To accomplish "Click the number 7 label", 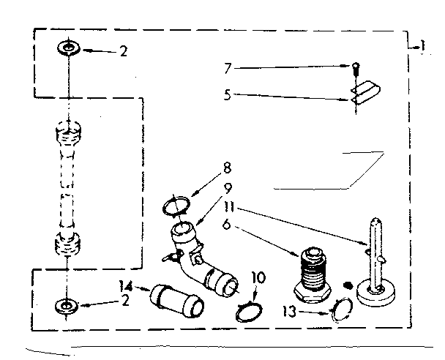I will tap(228, 68).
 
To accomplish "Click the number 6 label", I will tap(228, 226).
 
